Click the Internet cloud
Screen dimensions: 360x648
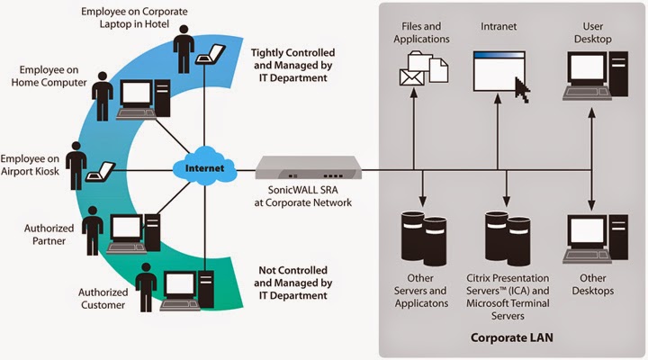point(202,168)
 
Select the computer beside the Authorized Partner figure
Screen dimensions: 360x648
point(126,229)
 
